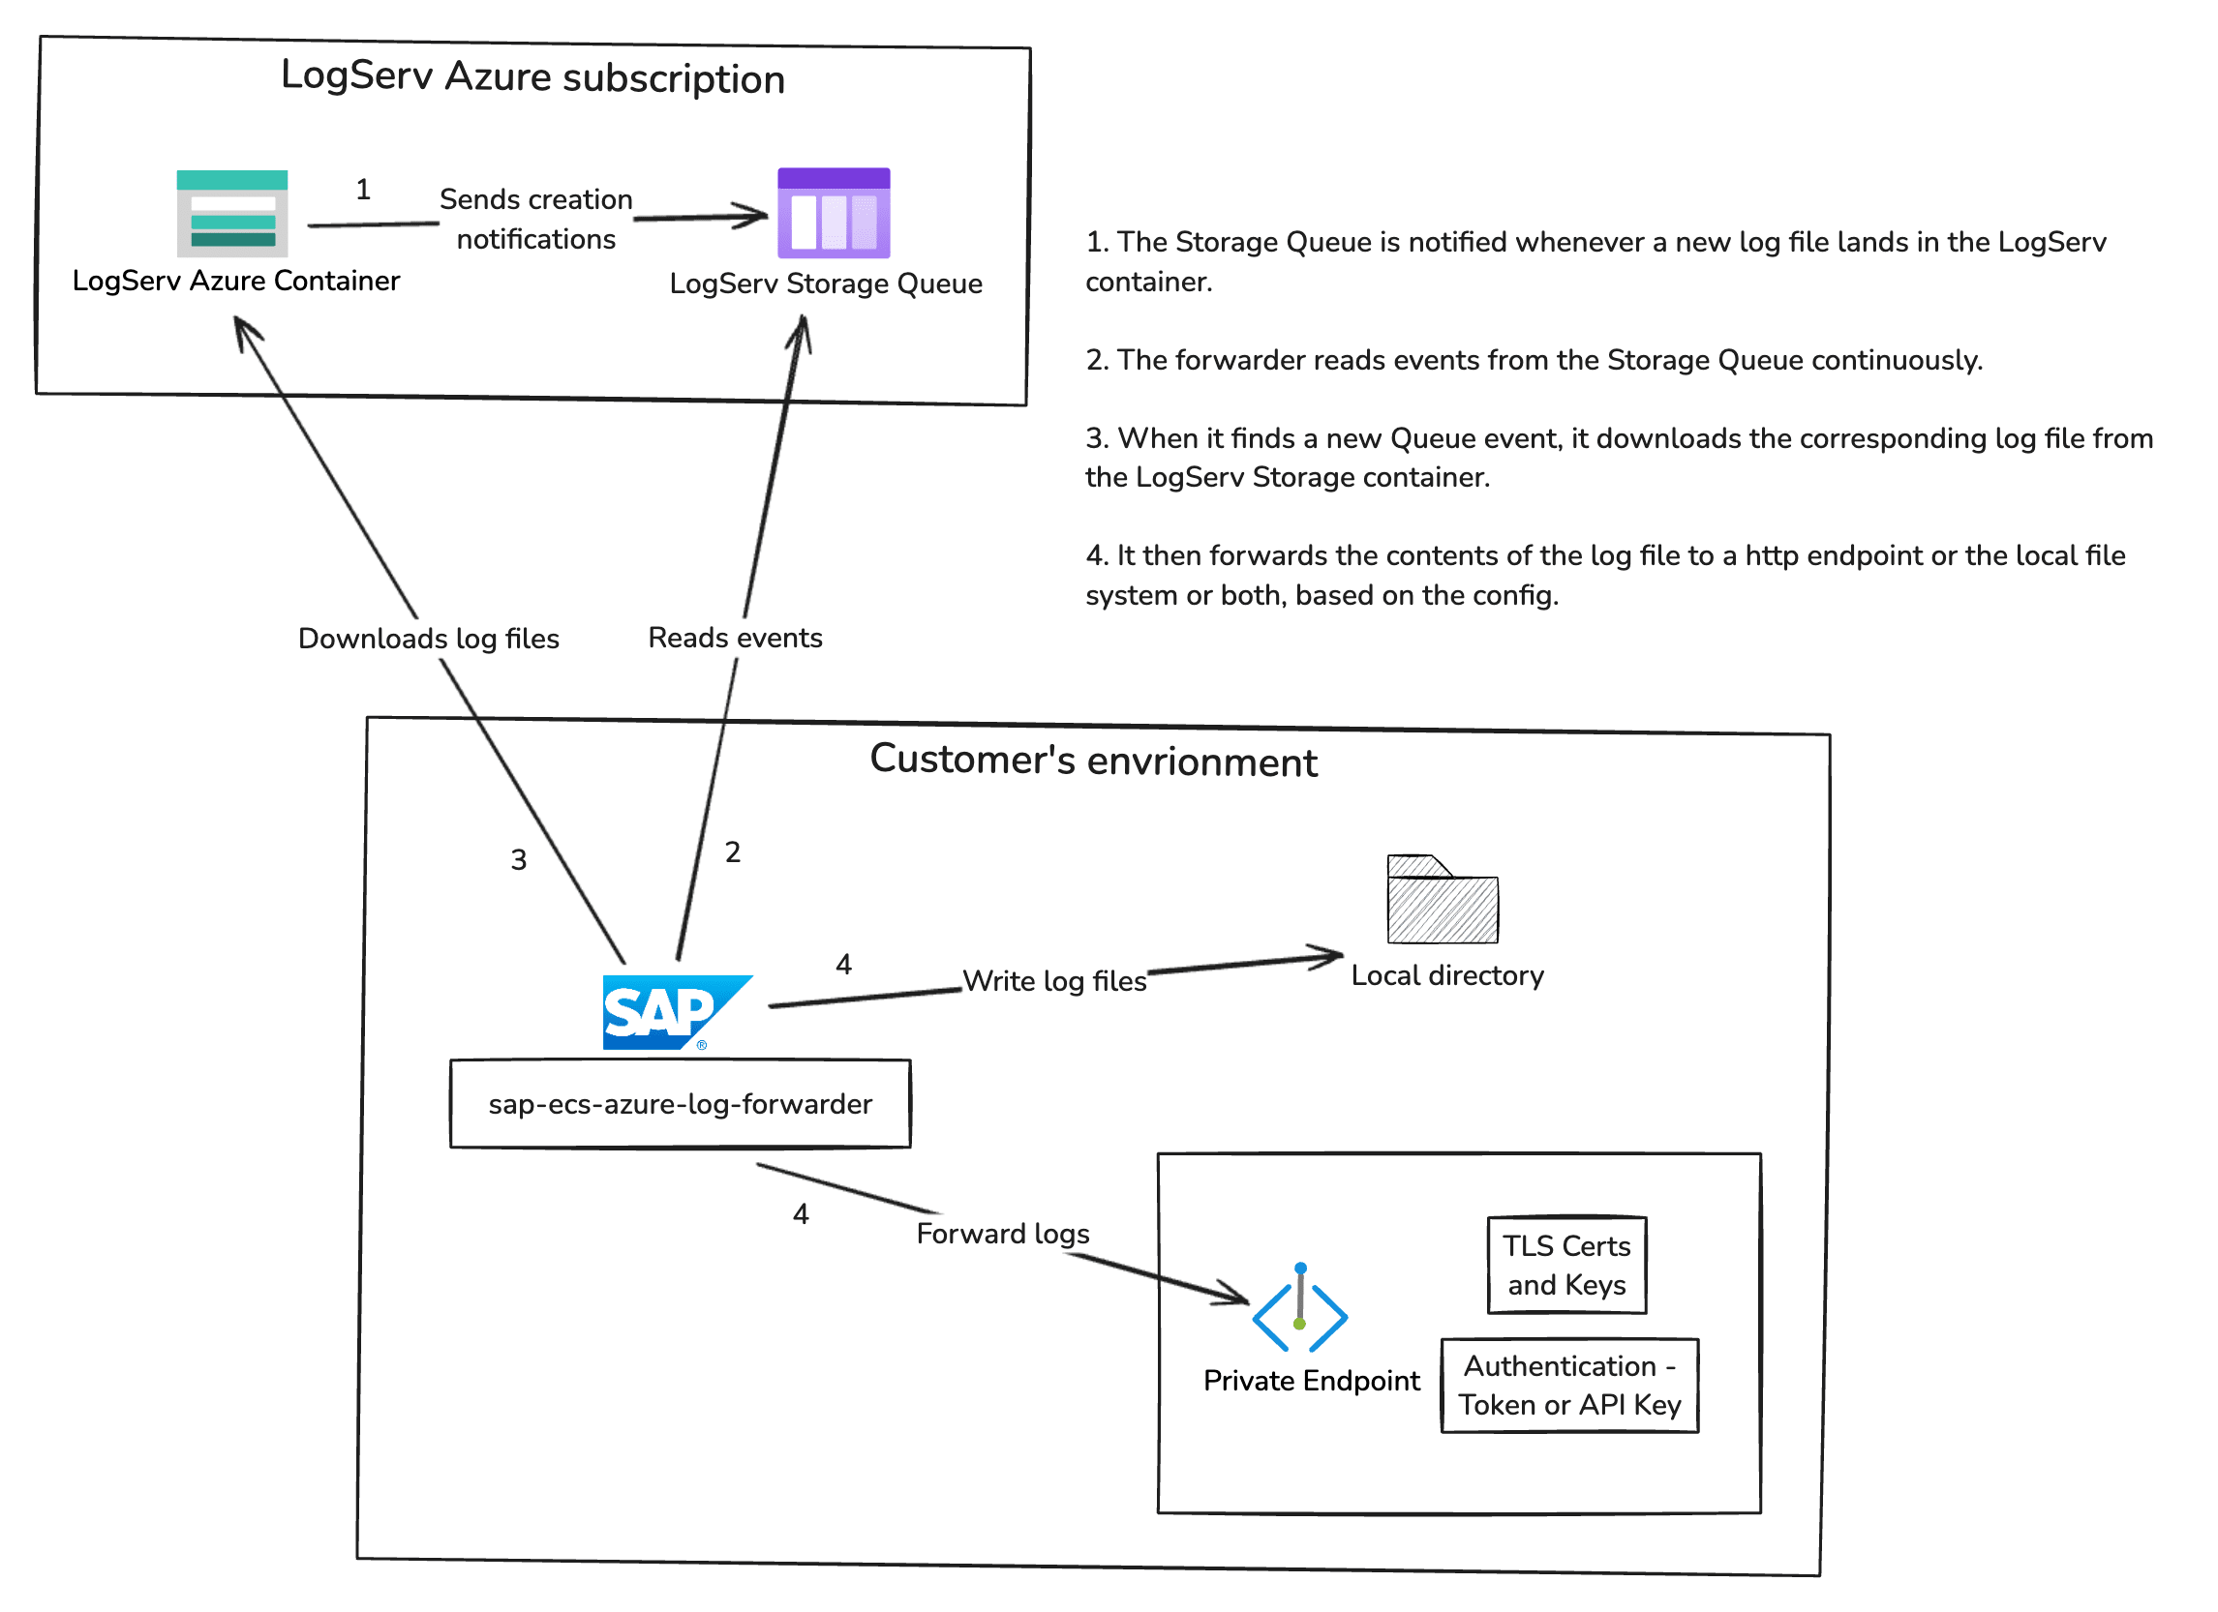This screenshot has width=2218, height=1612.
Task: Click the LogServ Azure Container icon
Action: (231, 213)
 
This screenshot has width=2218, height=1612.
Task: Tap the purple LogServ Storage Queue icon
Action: (834, 213)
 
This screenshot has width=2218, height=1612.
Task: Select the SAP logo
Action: (675, 1013)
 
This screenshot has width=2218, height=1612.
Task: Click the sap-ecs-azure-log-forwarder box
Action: (680, 1104)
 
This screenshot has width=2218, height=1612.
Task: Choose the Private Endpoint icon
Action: (1299, 1310)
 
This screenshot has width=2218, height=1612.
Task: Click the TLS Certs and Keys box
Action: (1566, 1265)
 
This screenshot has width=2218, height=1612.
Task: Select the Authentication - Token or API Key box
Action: (1569, 1386)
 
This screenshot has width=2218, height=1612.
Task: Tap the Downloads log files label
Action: (428, 639)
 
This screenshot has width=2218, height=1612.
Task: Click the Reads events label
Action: (736, 638)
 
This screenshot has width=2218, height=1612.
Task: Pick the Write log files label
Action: (1054, 980)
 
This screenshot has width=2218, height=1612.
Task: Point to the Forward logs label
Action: (1002, 1234)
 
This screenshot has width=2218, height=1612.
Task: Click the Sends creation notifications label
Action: (536, 219)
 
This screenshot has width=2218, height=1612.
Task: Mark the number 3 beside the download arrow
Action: (518, 860)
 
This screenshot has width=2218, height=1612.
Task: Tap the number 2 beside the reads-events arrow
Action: (733, 852)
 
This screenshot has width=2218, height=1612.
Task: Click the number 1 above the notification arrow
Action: (363, 190)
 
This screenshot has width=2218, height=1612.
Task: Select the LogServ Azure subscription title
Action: (533, 77)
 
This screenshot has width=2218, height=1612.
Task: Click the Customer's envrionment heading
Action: (1093, 761)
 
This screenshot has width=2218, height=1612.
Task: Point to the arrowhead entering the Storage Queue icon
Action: (756, 215)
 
